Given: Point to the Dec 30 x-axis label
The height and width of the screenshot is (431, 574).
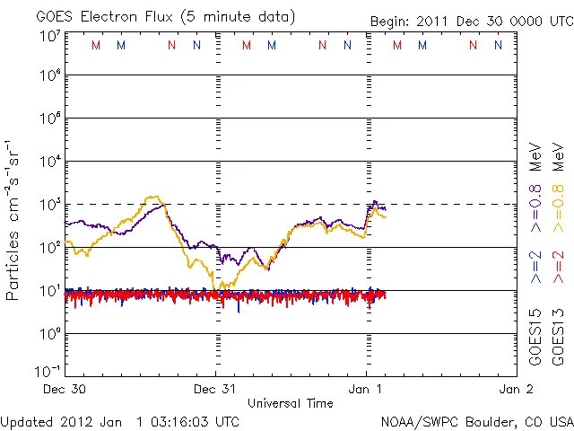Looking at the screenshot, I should (65, 389).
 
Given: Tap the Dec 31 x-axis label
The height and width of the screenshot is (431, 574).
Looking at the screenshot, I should (216, 389).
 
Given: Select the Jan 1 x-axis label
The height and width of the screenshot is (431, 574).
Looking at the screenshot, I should (366, 389).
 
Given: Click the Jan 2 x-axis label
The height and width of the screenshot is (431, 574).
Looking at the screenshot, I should (516, 389).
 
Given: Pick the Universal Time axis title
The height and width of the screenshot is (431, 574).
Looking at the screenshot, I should (290, 403).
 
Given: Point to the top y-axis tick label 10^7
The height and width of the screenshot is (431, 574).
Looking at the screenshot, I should (49, 36).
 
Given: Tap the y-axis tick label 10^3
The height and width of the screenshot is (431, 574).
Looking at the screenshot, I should (49, 205).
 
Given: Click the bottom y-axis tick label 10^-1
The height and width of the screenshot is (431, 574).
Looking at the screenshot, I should (48, 371).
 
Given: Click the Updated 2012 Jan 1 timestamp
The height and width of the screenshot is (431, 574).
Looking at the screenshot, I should (120, 421).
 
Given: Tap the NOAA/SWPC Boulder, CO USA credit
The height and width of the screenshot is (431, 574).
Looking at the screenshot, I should (476, 421).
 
